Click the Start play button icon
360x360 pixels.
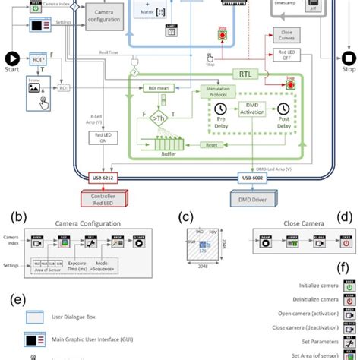click(12, 58)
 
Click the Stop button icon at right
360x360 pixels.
click(349, 58)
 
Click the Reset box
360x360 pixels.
click(215, 144)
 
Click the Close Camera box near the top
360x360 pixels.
click(286, 37)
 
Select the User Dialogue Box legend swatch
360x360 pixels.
click(36, 317)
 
